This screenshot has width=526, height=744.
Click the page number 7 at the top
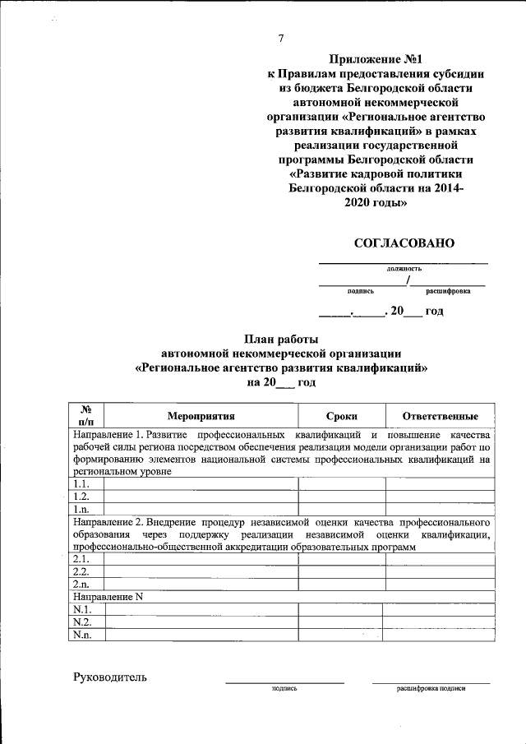tap(281, 39)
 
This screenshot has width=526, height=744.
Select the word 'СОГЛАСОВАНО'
tap(404, 243)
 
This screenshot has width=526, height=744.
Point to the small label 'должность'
tap(404, 269)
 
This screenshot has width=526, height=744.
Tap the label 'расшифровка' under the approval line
tap(448, 290)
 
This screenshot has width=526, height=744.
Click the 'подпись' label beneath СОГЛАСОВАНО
tap(361, 290)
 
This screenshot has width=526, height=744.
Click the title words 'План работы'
tap(281, 339)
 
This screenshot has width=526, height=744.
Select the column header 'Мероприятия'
tap(201, 417)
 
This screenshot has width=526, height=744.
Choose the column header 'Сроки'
tap(341, 417)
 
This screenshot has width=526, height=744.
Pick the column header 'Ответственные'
tap(440, 417)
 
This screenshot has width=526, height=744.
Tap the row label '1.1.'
tap(81, 484)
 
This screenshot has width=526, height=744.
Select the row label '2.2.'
tap(81, 571)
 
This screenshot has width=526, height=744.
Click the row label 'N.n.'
tap(82, 635)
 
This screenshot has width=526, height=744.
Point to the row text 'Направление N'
tap(108, 597)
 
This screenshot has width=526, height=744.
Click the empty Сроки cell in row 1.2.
tap(341, 497)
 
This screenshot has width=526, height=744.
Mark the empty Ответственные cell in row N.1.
tap(440, 610)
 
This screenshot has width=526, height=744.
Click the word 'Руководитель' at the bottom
tap(110, 677)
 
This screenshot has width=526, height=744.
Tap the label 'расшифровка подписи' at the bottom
tap(431, 687)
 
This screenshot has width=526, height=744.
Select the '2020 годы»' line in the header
tap(376, 203)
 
